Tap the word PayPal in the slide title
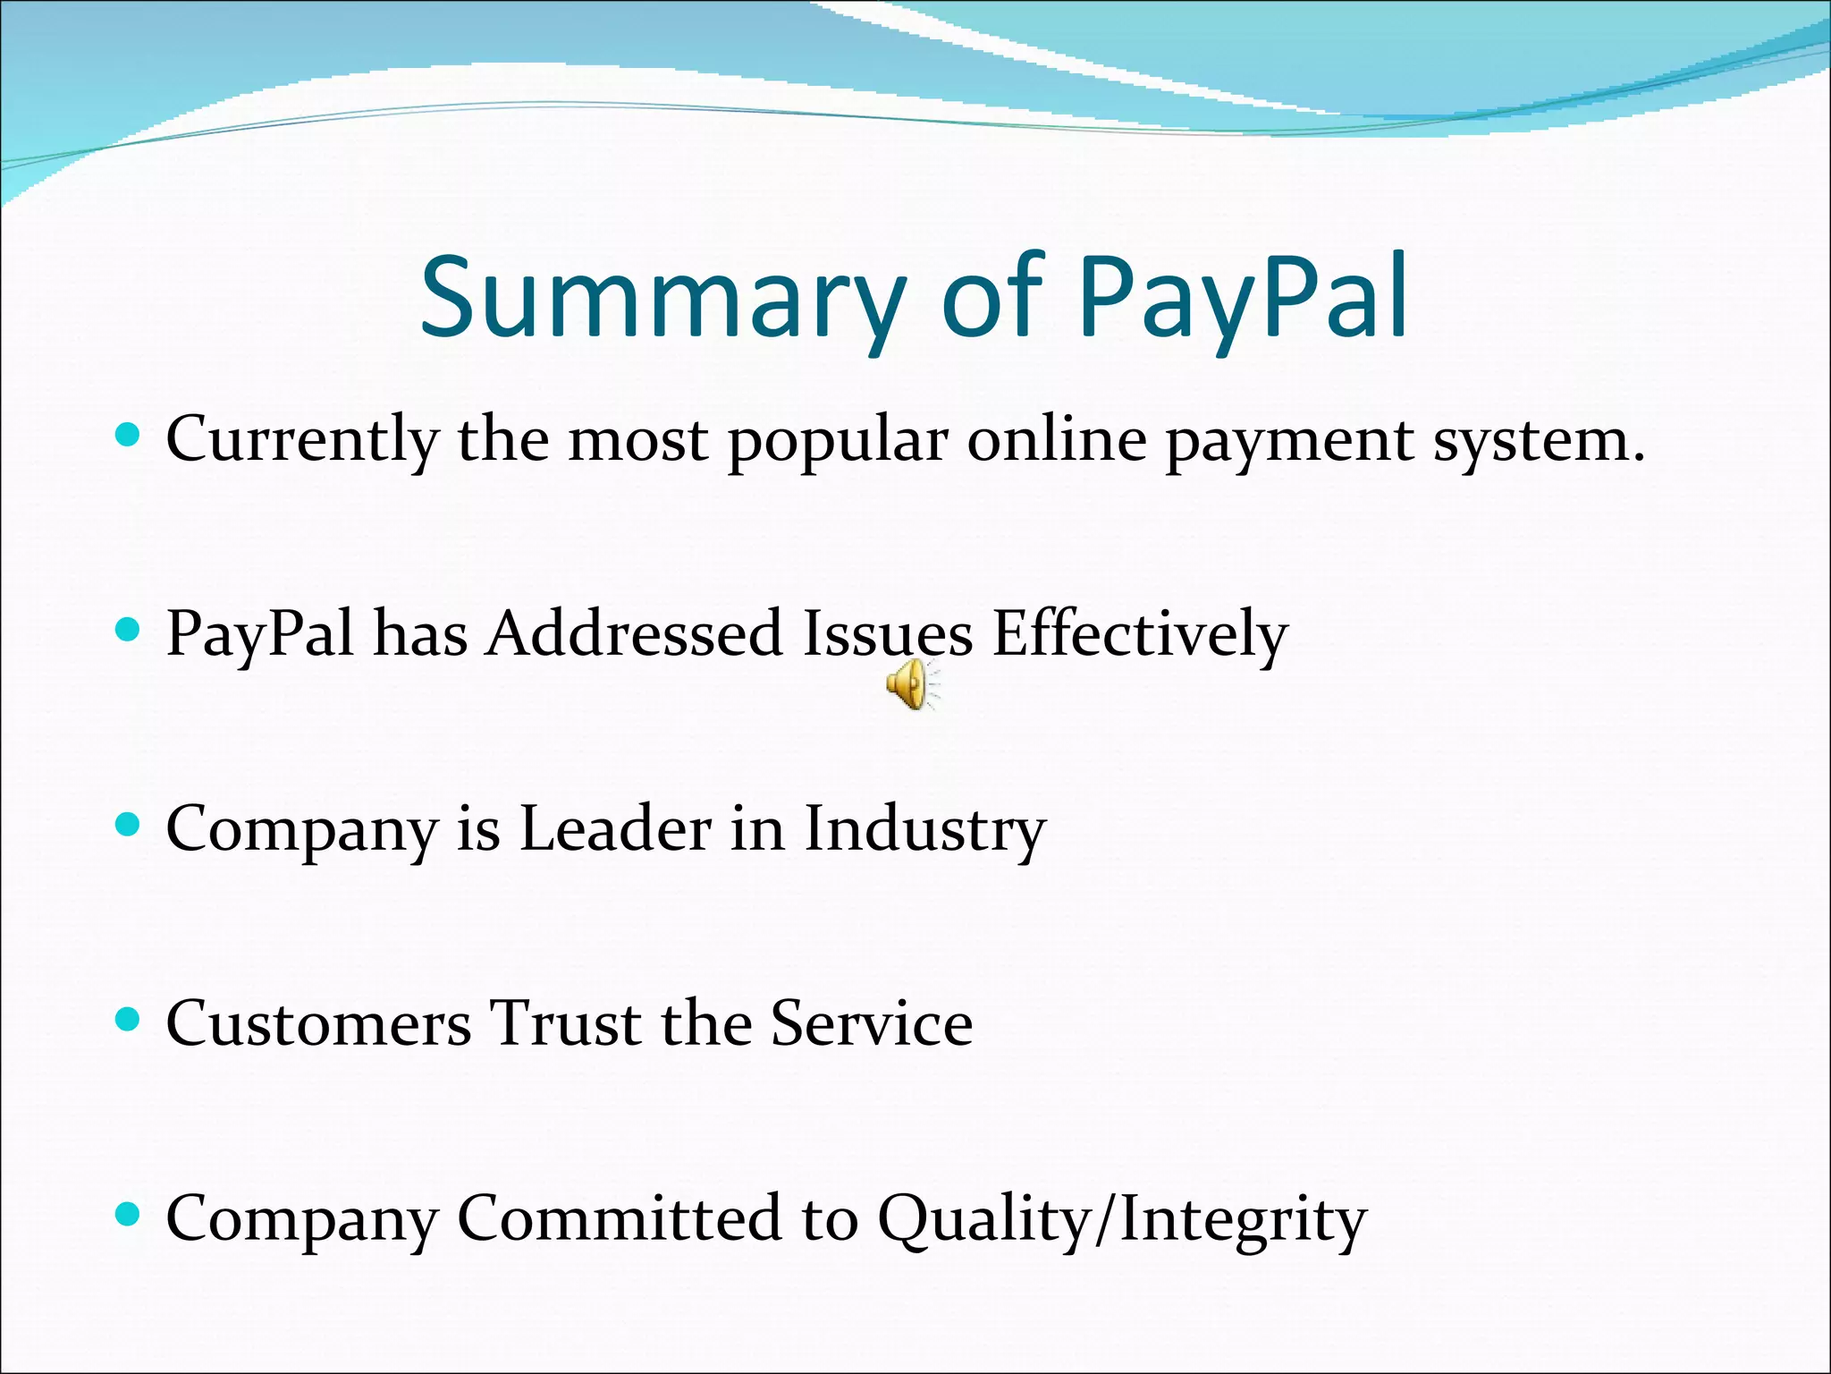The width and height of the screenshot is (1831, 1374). coord(1243,297)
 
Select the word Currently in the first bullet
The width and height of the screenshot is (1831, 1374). coord(302,440)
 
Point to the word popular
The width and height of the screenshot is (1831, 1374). coord(838,440)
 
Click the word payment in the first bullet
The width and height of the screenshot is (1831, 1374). coord(1289,440)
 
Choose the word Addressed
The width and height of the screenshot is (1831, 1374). coord(634,633)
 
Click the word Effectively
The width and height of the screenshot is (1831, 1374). coord(1140,633)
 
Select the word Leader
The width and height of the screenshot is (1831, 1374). coord(615,827)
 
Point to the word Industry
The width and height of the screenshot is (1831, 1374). coord(924,827)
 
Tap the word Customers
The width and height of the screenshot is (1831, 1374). coord(318,1022)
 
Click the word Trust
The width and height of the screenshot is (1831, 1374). coord(565,1022)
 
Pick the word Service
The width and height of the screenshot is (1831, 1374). coord(871,1022)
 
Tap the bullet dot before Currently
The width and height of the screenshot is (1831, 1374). coord(129,436)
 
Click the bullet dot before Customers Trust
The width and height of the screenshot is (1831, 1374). coord(129,1019)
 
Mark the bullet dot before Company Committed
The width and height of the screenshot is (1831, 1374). coord(129,1214)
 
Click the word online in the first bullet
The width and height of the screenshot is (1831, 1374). coord(1056,440)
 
